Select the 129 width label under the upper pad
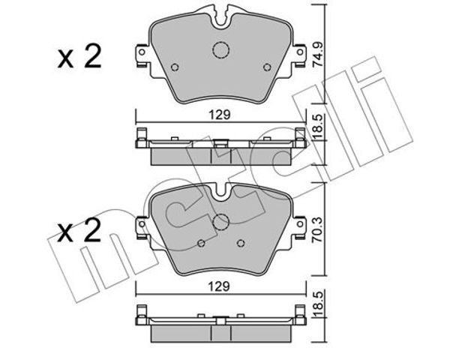click(220, 115)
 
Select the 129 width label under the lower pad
click(220, 286)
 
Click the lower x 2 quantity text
click(79, 230)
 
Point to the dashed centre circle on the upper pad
click(220, 50)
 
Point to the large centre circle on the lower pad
click(220, 222)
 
